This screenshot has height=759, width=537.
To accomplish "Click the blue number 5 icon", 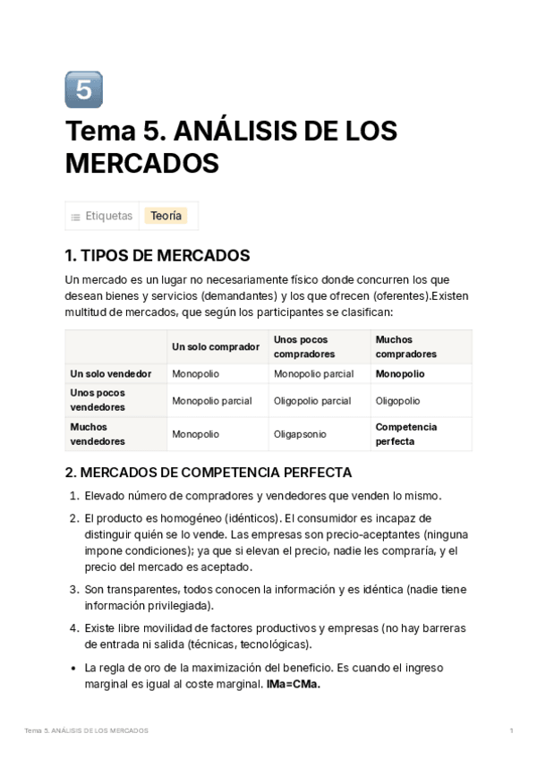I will click(x=84, y=90).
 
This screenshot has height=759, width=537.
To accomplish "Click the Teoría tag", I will click(x=166, y=216).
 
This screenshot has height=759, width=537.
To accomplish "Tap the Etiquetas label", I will click(x=108, y=216).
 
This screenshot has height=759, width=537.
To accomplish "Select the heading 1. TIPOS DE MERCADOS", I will click(x=158, y=255).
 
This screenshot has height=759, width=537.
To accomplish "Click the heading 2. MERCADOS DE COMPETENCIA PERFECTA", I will click(x=209, y=472).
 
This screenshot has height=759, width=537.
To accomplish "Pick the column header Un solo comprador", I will click(x=216, y=346).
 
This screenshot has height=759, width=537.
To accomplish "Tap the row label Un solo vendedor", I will click(x=111, y=373).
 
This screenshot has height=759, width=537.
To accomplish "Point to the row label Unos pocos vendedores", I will click(x=98, y=399).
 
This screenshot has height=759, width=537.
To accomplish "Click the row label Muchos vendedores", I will click(x=98, y=434).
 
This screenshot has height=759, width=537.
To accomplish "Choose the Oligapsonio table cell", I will click(x=300, y=434).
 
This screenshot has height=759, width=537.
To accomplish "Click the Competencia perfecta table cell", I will click(x=406, y=434).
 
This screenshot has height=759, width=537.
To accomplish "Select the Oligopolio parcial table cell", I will click(x=311, y=400).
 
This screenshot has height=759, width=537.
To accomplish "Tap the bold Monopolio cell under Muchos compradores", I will click(x=400, y=373).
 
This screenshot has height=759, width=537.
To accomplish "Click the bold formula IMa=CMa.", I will click(x=293, y=685).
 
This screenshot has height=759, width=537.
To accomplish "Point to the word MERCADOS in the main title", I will click(x=142, y=164).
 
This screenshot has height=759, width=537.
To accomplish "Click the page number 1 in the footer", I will click(x=511, y=731).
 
